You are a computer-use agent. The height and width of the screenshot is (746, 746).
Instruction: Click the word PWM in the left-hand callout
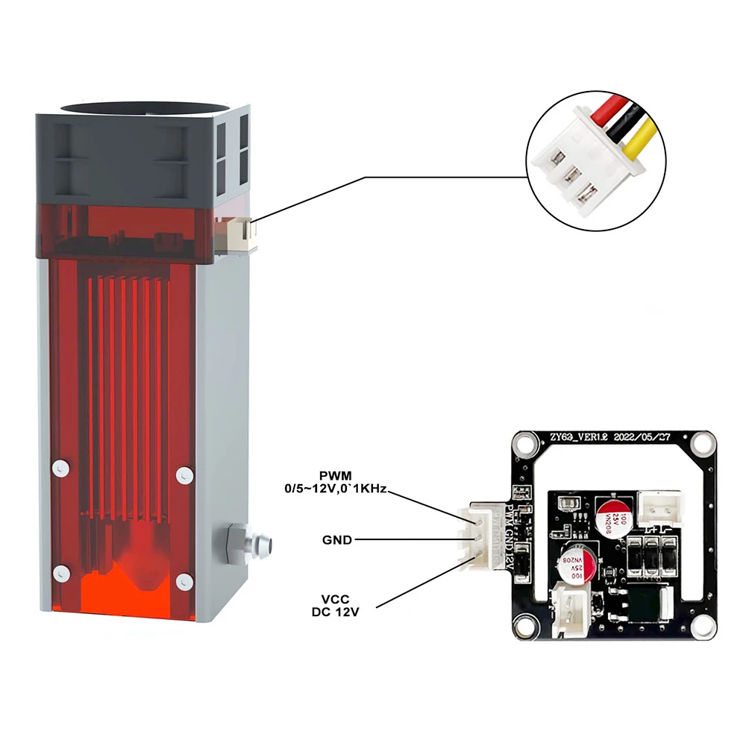pos(336,476)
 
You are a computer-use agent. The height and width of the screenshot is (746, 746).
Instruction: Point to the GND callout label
pos(336,539)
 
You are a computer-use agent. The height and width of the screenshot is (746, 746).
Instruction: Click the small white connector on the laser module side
pos(240,233)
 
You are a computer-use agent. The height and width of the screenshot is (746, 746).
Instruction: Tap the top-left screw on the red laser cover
pos(57,468)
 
